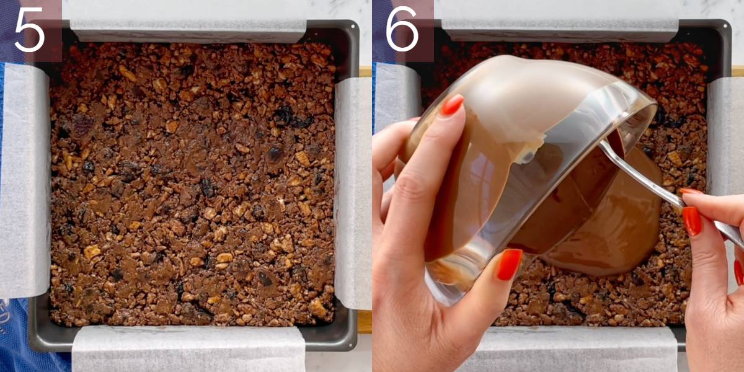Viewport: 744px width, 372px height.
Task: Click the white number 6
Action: coord(402,29)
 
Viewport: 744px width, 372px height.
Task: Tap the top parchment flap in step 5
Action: coord(188,30)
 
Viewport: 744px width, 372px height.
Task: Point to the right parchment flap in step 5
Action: coord(353,193)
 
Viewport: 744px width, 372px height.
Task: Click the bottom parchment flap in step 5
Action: coord(188,348)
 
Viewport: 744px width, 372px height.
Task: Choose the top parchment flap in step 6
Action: coord(560,30)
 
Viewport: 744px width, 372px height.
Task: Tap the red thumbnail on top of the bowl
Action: coord(453,105)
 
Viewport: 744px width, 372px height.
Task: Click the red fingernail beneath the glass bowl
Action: coord(509,264)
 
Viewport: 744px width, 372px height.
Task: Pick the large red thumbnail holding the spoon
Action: coord(691,221)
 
